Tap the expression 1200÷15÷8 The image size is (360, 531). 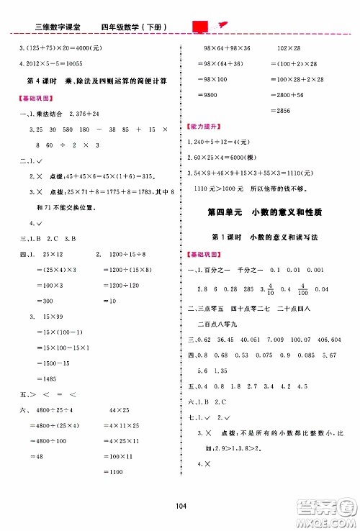[x=132, y=254]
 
